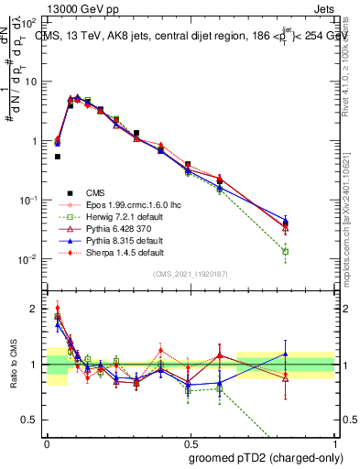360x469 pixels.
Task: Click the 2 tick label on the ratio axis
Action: coord(35,309)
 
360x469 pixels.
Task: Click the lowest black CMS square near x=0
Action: coord(58,157)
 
